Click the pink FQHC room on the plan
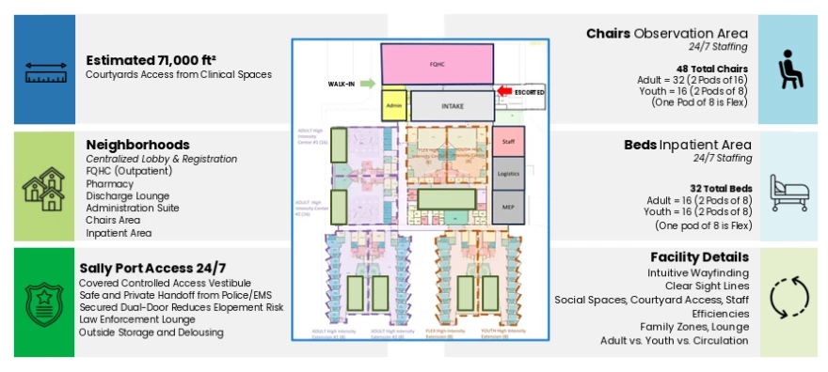(437, 66)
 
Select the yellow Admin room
(394, 106)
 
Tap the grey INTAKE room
(453, 106)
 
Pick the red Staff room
(507, 140)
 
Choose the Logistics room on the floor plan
(507, 174)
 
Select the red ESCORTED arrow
(506, 91)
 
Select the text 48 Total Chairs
(711, 70)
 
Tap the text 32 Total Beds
(714, 187)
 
